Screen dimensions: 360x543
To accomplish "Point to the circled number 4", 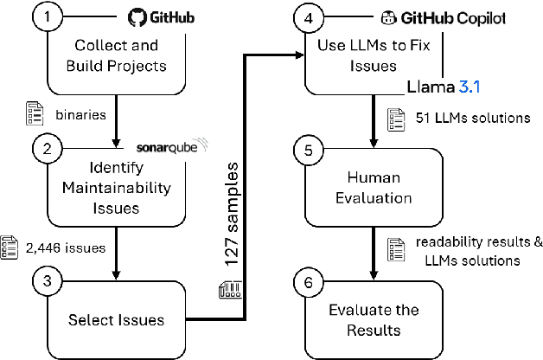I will click(308, 18).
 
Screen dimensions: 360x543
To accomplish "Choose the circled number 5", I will click(308, 148).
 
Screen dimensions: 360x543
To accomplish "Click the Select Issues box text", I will click(117, 320).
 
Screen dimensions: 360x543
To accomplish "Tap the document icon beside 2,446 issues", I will click(10, 247).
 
